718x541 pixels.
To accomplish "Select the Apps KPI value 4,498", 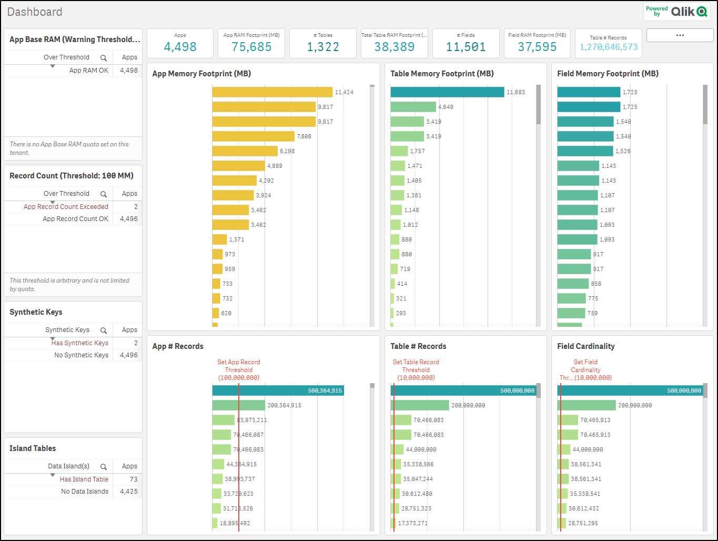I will click(180, 47).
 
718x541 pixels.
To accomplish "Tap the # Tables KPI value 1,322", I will click(323, 47).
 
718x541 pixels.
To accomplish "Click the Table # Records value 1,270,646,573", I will click(609, 47).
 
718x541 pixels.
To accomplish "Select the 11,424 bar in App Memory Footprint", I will click(272, 92).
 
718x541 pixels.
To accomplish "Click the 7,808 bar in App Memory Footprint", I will click(253, 136).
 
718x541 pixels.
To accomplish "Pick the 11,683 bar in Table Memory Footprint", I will click(447, 92).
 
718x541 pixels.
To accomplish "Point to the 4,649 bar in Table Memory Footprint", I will click(413, 107).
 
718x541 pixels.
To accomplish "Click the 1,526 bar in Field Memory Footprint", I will click(585, 151).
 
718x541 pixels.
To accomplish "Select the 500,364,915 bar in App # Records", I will click(278, 390).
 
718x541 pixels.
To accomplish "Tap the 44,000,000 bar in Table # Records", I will click(397, 449).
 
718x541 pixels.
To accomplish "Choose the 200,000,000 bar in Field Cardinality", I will click(586, 405).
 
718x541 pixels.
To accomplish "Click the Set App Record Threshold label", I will click(239, 369).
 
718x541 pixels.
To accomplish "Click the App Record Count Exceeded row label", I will click(66, 207).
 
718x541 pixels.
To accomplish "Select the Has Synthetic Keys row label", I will click(80, 343).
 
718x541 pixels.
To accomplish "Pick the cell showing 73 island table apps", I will click(133, 479).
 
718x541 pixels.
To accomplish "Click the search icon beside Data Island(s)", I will click(104, 467).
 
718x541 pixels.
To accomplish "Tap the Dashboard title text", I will click(35, 12).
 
